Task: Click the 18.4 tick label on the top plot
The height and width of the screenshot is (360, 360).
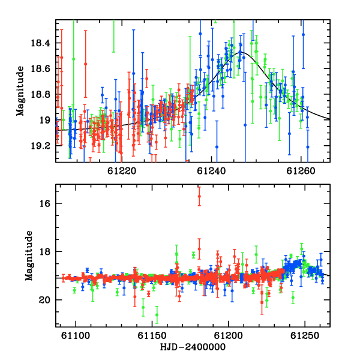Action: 40,43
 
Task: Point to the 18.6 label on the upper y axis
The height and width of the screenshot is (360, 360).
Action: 40,69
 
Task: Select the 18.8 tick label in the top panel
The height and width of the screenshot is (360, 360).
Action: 40,95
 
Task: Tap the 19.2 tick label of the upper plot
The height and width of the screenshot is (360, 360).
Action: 40,146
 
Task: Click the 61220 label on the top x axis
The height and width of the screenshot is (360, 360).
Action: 122,171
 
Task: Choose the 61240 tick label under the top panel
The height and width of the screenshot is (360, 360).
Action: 211,171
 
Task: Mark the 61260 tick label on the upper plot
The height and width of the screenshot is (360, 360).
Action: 301,171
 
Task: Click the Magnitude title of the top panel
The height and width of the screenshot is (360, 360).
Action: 20,91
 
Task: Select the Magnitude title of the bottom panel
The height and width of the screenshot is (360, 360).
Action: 29,256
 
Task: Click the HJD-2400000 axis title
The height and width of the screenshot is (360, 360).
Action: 193,347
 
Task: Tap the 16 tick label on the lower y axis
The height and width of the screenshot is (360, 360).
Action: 45,203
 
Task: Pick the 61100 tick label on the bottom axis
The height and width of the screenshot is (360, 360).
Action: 76,335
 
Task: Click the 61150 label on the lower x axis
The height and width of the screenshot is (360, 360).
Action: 152,335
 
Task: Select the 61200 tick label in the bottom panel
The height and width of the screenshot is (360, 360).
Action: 229,335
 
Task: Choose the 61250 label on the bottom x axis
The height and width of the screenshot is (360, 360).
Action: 305,335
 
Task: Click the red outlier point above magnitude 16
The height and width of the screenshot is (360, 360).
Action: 199,196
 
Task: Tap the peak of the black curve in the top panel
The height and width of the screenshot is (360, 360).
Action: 242,53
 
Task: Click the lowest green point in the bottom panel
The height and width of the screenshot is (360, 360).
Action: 157,315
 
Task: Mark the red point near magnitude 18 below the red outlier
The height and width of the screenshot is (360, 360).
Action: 199,249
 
